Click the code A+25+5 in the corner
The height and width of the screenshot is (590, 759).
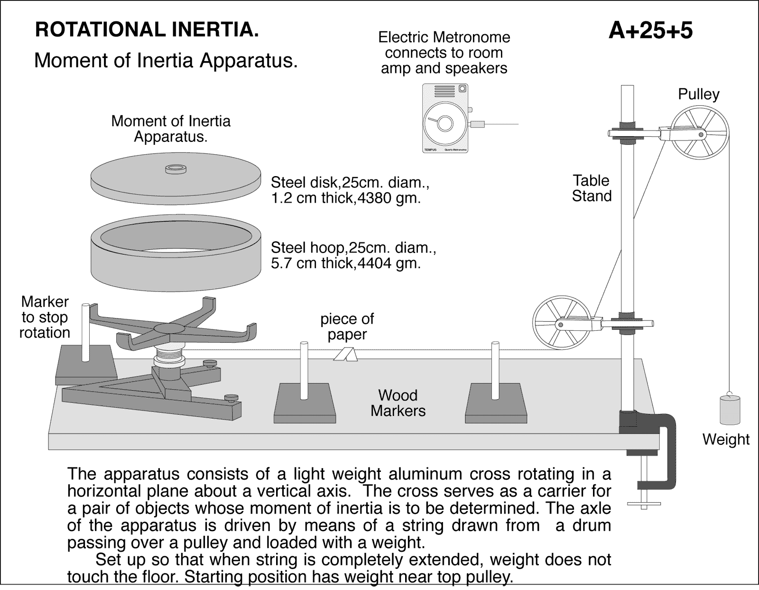pos(650,30)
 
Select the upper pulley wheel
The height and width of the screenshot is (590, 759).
pos(700,133)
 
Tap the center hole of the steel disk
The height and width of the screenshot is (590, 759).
pos(175,168)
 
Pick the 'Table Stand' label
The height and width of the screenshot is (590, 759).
pos(591,188)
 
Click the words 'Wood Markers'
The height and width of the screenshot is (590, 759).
pos(398,403)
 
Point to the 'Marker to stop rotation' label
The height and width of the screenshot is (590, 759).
pos(45,317)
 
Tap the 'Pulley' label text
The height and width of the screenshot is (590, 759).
pos(698,94)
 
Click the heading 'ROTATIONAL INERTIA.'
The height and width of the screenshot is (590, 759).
pos(147,30)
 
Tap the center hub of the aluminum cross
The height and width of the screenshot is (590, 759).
pos(170,328)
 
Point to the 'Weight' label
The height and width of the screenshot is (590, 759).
pos(725,439)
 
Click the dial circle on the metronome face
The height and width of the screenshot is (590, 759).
pos(444,123)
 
